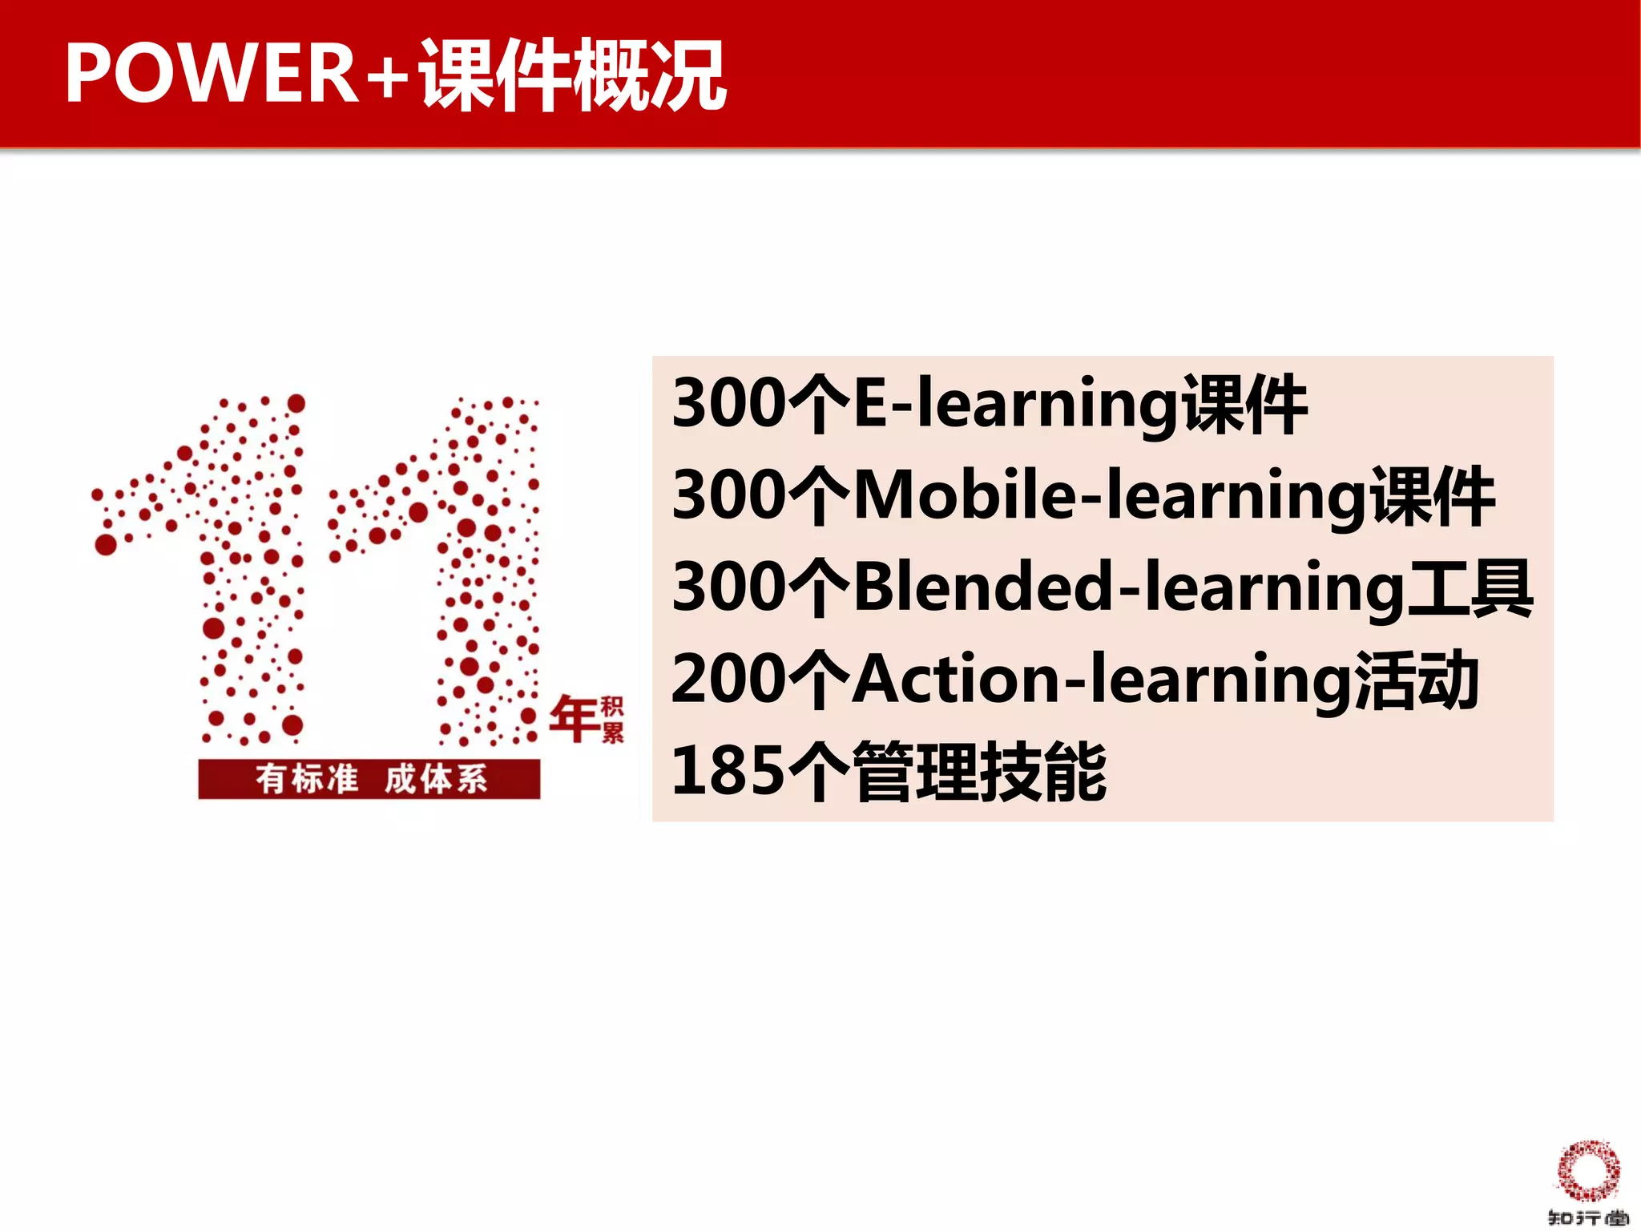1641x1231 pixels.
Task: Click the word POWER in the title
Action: [x=212, y=74]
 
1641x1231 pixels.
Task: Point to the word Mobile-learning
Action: [x=1110, y=497]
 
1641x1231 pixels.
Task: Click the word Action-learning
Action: [x=1102, y=680]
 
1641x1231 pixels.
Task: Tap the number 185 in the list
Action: [x=728, y=772]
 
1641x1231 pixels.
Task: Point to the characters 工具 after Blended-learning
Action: [x=1470, y=588]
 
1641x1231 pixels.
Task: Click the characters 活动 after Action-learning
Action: [x=1417, y=680]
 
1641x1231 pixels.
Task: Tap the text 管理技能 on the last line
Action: [x=979, y=772]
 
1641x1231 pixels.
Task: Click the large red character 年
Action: [x=574, y=718]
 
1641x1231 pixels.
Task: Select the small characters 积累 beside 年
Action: [x=612, y=719]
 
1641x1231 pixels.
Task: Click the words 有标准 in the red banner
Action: [x=307, y=779]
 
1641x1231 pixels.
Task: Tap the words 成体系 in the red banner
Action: [x=435, y=779]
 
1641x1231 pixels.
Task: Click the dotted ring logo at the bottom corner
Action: [x=1587, y=1171]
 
